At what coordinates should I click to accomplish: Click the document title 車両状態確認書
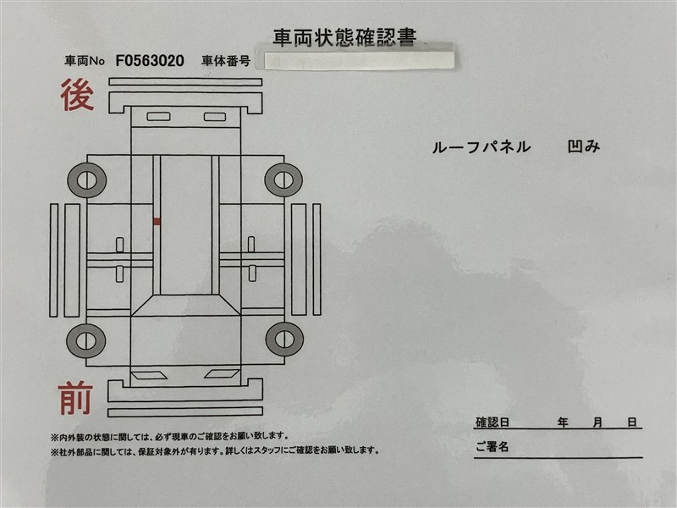[344, 37]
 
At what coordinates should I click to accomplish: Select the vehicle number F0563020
[150, 61]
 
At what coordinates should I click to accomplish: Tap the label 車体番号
[226, 61]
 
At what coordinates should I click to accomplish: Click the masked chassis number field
[359, 59]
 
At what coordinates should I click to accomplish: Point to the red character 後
[77, 95]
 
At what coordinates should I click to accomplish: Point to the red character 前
[75, 398]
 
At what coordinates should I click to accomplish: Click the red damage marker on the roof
[157, 222]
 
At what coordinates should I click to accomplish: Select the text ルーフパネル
[482, 147]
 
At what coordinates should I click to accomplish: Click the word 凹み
[584, 146]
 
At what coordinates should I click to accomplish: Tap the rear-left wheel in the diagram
[87, 180]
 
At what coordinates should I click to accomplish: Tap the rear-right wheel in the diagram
[283, 179]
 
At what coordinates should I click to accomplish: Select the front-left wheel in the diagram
[86, 341]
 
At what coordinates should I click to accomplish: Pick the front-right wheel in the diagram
[284, 340]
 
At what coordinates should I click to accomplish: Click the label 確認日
[493, 422]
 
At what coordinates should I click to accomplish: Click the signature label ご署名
[493, 447]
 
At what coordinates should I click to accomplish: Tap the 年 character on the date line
[563, 422]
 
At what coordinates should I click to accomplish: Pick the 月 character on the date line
[597, 422]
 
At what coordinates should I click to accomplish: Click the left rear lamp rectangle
[158, 117]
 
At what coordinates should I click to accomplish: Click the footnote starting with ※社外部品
[215, 450]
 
